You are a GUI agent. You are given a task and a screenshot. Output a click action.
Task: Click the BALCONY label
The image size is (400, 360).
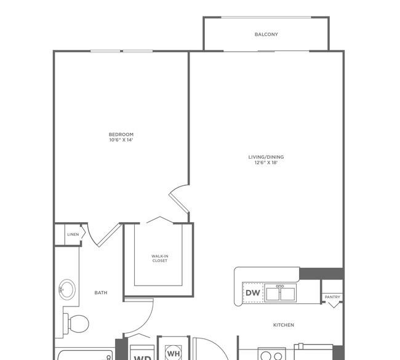pos(266,34)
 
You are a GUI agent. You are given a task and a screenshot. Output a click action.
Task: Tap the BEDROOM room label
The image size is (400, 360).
pos(121,134)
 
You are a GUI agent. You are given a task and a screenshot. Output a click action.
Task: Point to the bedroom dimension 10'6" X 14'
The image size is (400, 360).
pos(121,140)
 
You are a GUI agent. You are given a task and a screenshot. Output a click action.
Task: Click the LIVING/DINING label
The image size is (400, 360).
pos(266,157)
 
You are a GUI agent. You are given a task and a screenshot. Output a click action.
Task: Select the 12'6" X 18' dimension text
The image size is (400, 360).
pos(266,162)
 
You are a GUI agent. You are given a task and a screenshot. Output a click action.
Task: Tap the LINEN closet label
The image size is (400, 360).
pos(73,234)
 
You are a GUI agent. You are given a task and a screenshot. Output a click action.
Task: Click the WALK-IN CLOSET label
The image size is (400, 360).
pos(160,258)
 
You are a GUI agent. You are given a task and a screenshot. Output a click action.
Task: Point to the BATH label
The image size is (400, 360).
pos(101,293)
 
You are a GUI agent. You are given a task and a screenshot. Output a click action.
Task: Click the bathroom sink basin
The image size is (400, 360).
pos(67,290)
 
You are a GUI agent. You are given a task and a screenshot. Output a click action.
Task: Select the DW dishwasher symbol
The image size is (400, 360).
pos(253,293)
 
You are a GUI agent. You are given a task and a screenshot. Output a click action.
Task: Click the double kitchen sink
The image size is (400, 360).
pos(281,293)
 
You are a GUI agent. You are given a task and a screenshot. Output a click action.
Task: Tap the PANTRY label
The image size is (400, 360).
pos(332,297)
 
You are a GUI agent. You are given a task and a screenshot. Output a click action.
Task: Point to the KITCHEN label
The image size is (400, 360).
pos(284,325)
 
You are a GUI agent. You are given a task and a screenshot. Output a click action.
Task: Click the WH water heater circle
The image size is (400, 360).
pos(174,353)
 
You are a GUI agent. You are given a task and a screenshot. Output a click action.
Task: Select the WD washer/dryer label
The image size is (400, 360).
pos(142,358)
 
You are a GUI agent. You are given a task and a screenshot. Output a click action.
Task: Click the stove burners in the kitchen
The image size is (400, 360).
pos(272,355)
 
